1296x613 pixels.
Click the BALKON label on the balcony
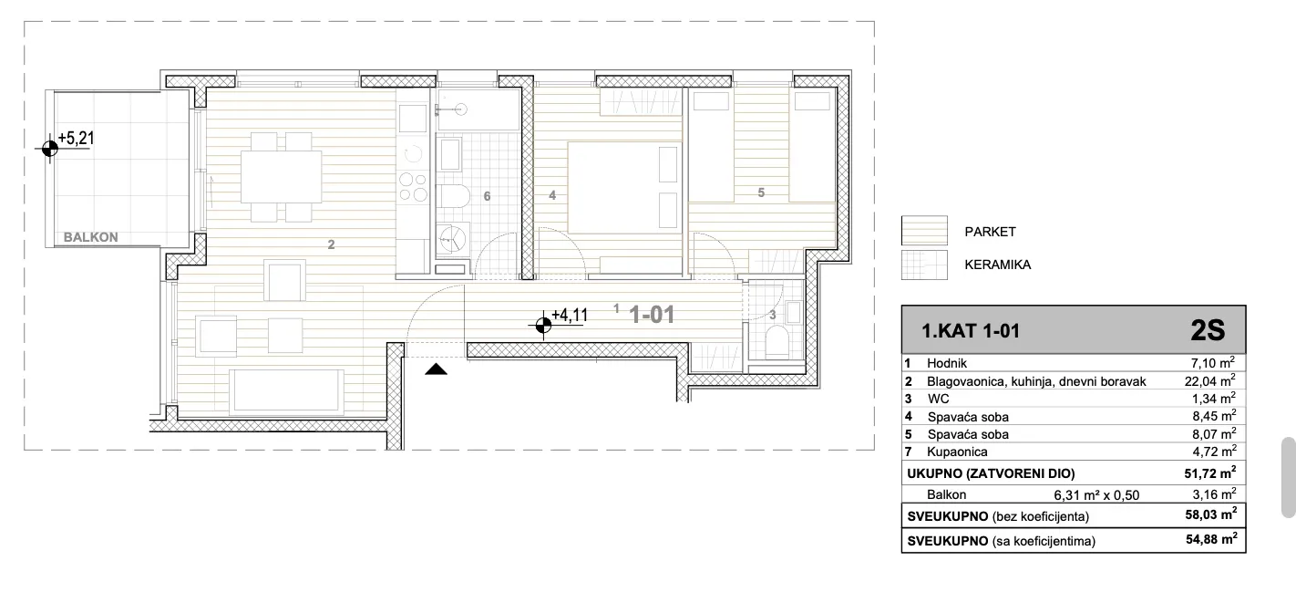(91, 237)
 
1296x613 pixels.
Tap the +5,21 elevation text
(76, 139)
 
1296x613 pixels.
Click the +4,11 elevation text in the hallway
(570, 316)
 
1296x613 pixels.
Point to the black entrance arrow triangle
(437, 369)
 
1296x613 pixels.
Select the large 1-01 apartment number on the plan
(652, 315)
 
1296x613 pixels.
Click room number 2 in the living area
(331, 244)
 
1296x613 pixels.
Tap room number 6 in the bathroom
(488, 196)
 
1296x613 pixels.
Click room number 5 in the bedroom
(761, 192)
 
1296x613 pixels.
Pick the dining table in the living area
(282, 177)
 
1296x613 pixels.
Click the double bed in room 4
(624, 188)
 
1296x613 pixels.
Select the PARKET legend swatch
(924, 231)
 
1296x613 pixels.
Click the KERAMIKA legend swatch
(924, 265)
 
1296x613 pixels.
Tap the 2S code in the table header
(1209, 330)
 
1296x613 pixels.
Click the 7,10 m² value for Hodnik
(1213, 363)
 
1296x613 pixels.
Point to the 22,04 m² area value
(1209, 381)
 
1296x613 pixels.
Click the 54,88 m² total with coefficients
(1211, 539)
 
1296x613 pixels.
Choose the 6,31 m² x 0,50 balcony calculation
(1096, 495)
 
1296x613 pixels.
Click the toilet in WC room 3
(777, 341)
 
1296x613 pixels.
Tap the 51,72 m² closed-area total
(1209, 473)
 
